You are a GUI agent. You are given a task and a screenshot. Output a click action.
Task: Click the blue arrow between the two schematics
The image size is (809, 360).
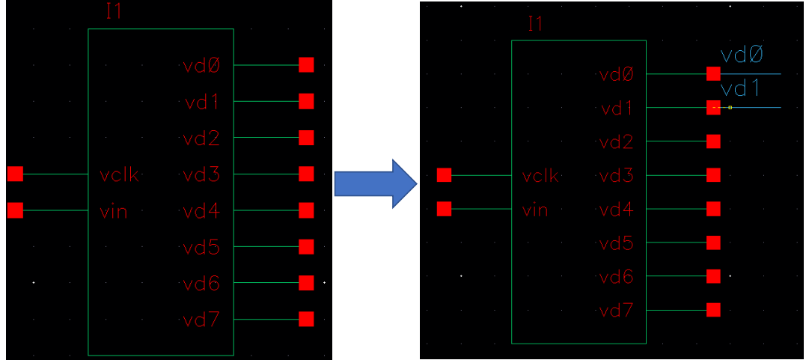(x=374, y=183)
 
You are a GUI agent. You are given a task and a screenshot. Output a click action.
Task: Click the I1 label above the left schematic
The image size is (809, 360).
(x=115, y=13)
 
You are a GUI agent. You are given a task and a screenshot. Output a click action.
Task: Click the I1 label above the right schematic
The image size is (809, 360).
(x=535, y=23)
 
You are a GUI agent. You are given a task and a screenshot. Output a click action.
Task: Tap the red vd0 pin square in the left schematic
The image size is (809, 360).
(x=306, y=65)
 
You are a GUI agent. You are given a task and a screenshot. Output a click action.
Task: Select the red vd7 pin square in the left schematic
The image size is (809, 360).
(x=306, y=319)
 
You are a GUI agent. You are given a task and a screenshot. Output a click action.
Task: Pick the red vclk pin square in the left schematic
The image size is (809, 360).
(x=15, y=174)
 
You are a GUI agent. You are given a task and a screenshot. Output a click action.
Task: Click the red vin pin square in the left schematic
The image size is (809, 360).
(x=15, y=211)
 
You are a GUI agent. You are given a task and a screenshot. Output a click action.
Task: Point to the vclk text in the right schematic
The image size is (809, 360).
(x=540, y=176)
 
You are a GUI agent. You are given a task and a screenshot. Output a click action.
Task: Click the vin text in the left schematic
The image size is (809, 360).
(x=113, y=212)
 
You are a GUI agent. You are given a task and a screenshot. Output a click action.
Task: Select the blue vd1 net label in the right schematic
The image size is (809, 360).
(x=741, y=89)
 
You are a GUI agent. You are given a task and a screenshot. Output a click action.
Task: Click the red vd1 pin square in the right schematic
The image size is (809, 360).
(x=713, y=108)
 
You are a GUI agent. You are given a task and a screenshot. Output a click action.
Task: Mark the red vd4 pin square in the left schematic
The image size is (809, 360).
(x=306, y=210)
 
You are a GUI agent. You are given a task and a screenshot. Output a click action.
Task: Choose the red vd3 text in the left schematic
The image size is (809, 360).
(x=201, y=176)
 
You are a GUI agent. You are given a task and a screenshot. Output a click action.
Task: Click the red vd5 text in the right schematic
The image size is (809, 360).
(x=617, y=243)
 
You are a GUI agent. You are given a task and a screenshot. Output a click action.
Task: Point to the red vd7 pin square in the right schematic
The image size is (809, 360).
(x=713, y=310)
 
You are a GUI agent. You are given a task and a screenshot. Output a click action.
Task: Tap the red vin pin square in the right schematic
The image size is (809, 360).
(x=445, y=208)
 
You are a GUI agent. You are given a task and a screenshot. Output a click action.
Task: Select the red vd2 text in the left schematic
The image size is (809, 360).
(x=201, y=139)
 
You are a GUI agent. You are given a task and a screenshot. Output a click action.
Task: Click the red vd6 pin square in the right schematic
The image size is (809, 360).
(x=713, y=276)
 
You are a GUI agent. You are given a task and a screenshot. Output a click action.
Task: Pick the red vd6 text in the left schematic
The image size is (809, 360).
(x=201, y=284)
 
